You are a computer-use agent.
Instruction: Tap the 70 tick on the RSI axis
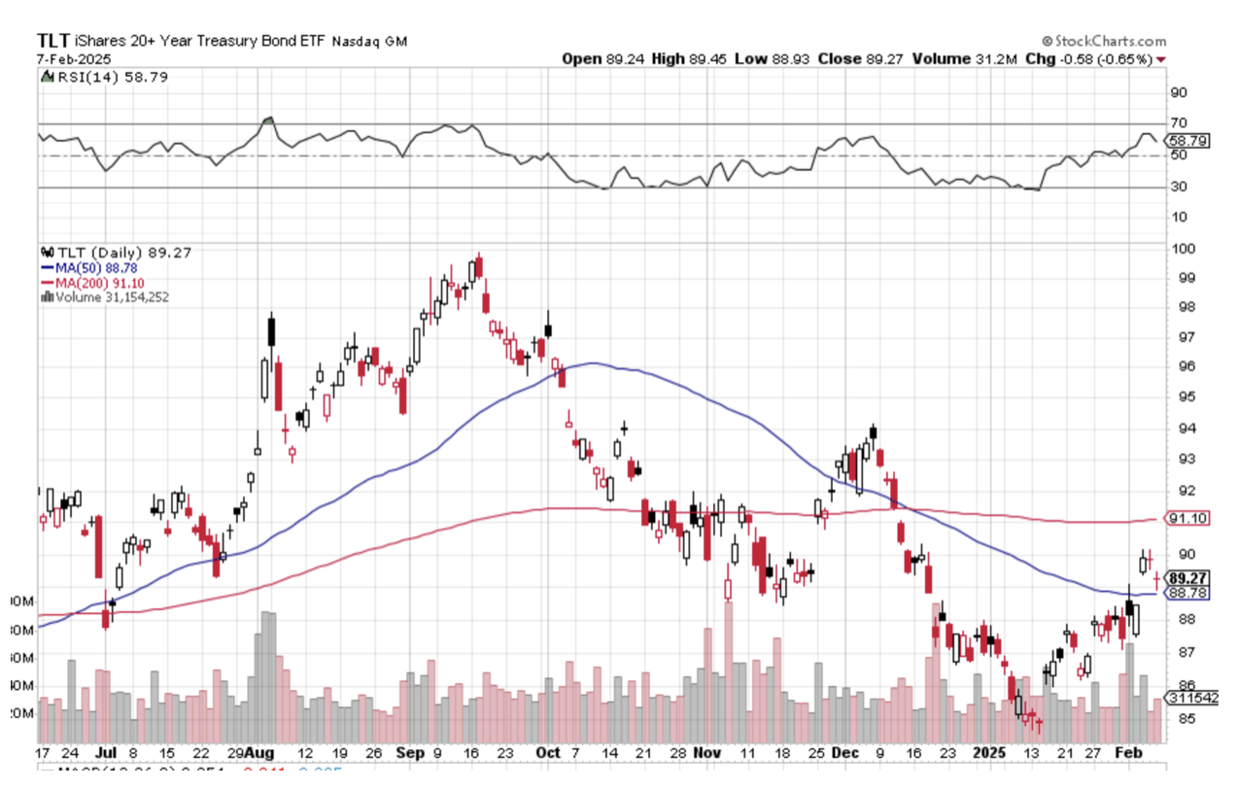click(1178, 123)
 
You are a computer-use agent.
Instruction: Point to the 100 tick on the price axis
click(1182, 249)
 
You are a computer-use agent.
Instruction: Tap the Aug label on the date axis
click(259, 753)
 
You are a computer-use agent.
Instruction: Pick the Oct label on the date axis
click(549, 753)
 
